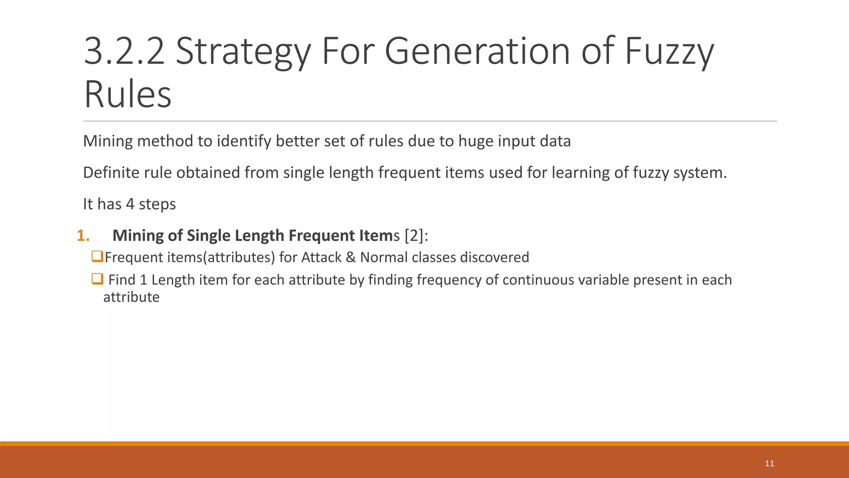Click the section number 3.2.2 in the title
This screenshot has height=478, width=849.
coord(124,51)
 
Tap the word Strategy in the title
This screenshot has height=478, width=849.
coord(243,51)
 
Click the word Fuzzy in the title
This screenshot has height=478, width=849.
coord(669,51)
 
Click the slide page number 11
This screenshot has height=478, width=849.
coord(769,463)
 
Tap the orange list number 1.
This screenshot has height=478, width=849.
coord(83,236)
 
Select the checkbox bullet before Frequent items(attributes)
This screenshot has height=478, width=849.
coord(97,256)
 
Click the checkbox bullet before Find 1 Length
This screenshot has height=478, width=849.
coord(97,279)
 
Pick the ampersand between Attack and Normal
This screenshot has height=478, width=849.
coord(351,257)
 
